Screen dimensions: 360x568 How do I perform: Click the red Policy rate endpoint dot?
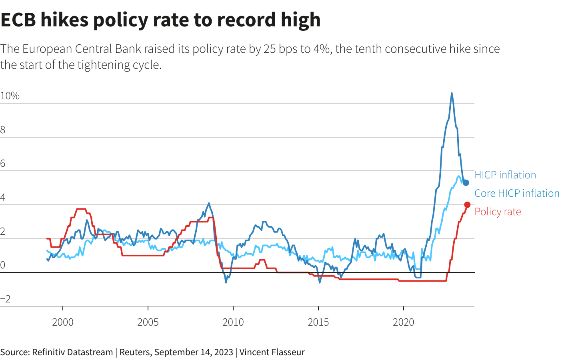click(467, 205)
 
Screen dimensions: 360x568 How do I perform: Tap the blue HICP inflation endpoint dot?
click(466, 183)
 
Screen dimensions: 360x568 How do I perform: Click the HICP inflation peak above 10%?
click(452, 94)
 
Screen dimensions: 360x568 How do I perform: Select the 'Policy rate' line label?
click(498, 212)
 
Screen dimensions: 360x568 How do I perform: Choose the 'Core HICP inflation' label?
click(517, 193)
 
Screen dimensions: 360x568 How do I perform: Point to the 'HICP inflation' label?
click(505, 175)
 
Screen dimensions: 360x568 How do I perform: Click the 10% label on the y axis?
click(10, 96)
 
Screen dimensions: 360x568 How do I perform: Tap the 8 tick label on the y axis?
click(3, 130)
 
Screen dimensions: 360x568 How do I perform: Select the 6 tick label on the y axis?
click(3, 164)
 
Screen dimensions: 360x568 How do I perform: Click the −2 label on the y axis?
click(6, 299)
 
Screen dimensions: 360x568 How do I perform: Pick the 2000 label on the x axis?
click(63, 322)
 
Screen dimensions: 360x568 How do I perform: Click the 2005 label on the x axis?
click(148, 322)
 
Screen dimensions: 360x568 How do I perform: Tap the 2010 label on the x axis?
click(233, 322)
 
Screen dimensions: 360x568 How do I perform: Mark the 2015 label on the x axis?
click(318, 322)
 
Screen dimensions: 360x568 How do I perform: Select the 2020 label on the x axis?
click(404, 322)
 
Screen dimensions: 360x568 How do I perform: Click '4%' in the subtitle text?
click(322, 49)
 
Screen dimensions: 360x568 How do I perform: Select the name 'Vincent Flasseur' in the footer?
click(272, 352)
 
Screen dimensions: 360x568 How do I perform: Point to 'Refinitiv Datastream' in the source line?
click(72, 352)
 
